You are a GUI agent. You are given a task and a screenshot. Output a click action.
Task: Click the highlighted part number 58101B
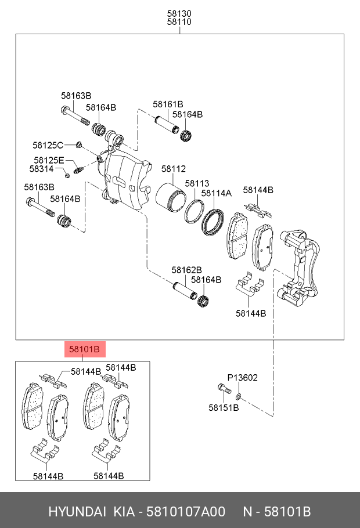tap(84, 349)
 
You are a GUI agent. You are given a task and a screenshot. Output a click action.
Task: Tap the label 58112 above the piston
tap(173, 169)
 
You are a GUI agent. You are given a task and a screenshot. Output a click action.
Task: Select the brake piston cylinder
tap(171, 198)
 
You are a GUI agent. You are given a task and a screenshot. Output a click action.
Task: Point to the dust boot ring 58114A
tap(213, 222)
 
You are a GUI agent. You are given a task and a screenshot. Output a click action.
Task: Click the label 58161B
tap(168, 104)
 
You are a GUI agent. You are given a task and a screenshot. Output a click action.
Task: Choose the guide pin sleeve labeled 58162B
tap(185, 291)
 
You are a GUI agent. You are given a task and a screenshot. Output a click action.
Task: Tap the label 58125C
tap(48, 145)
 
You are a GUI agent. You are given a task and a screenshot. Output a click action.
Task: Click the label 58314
tap(41, 169)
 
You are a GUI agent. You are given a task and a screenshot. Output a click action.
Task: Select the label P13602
tap(242, 378)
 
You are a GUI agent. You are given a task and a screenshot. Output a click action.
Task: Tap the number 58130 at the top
tap(179, 14)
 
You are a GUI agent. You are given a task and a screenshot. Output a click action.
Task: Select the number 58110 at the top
tap(179, 22)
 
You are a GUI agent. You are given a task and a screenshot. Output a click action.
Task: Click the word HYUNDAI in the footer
tap(77, 512)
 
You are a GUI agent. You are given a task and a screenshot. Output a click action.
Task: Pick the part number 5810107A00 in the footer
tap(186, 512)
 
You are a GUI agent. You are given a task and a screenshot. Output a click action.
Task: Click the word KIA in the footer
tap(124, 512)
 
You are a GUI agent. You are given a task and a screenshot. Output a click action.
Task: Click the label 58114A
tap(217, 193)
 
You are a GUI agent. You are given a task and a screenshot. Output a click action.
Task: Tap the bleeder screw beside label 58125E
tap(78, 169)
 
